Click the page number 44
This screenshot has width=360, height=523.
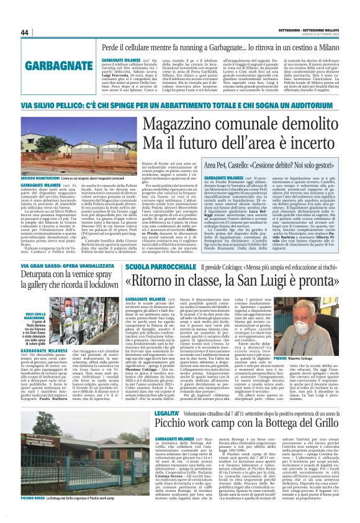click(x=25, y=32)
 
